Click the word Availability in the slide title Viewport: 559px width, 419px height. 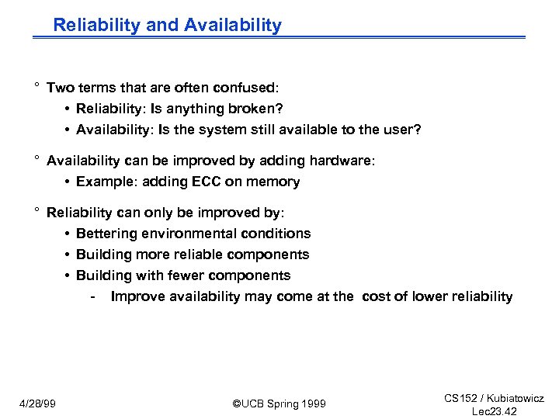(x=233, y=25)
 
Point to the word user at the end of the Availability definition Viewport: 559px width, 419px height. (x=402, y=130)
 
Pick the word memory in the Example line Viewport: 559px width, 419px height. (x=272, y=182)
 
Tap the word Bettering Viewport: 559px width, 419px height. (x=107, y=234)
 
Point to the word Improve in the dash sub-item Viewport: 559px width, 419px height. (x=136, y=296)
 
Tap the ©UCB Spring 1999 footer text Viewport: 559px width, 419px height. (x=279, y=403)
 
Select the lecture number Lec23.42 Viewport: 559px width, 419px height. (x=495, y=411)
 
